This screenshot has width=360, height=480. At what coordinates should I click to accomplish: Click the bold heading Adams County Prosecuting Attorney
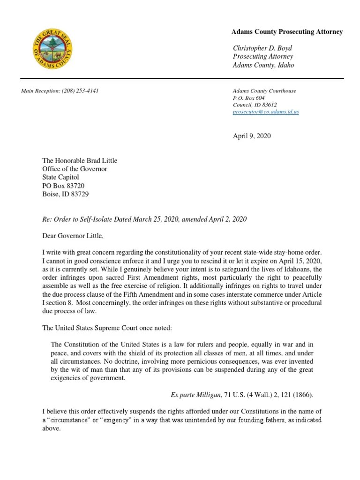(287, 32)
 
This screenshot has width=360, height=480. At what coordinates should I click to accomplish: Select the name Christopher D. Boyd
(262, 48)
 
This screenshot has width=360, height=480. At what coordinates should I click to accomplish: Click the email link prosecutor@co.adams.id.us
(266, 112)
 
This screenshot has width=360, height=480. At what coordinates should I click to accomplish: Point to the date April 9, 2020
(252, 136)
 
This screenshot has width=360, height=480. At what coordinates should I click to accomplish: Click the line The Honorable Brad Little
(80, 161)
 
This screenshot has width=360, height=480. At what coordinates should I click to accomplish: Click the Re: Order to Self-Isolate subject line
(144, 219)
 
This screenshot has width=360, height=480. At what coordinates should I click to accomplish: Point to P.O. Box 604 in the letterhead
(249, 98)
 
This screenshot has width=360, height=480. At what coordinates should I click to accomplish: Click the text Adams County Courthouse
(264, 91)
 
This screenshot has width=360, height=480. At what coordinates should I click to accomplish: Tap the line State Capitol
(60, 178)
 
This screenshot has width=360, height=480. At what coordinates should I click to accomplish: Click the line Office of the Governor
(75, 169)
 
